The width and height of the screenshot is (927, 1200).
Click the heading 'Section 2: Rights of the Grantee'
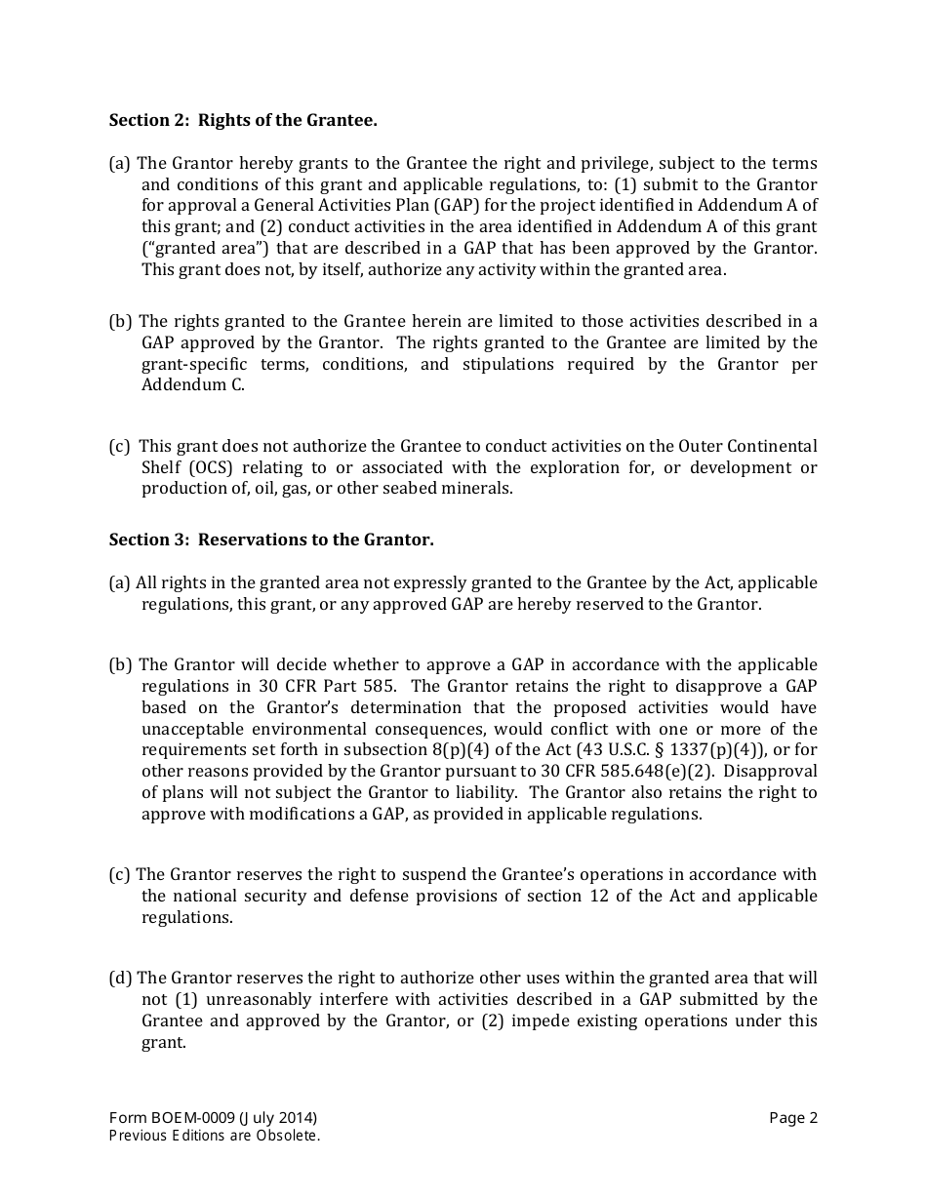click(x=243, y=120)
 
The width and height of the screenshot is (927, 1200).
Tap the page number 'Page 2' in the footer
click(x=792, y=1118)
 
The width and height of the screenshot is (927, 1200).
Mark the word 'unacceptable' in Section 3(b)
click(x=189, y=729)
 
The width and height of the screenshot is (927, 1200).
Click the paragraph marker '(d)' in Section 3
click(x=121, y=978)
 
